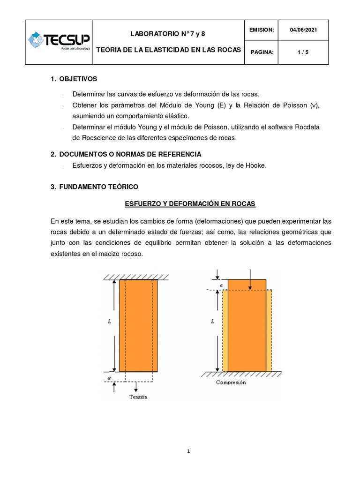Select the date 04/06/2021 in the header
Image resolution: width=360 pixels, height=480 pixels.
point(303,30)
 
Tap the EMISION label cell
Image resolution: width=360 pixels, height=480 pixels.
point(261,30)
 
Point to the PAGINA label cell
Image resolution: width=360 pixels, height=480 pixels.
point(261,52)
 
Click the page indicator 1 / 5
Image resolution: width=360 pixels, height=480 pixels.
point(303,52)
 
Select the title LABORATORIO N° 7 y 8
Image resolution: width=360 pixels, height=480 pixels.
point(167,34)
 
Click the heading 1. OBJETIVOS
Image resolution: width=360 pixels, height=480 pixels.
point(74,79)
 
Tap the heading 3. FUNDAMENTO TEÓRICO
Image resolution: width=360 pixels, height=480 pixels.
point(94,187)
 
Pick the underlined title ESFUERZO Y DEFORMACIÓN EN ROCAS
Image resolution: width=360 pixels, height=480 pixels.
point(190,204)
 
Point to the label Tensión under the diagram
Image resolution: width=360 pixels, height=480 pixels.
point(138,397)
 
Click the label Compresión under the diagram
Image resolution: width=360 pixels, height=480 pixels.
point(231,382)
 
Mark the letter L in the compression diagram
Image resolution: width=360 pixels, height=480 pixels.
point(212,322)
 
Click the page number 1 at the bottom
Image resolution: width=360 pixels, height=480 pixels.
point(188,451)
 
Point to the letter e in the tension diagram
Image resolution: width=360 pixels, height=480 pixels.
point(109,377)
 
